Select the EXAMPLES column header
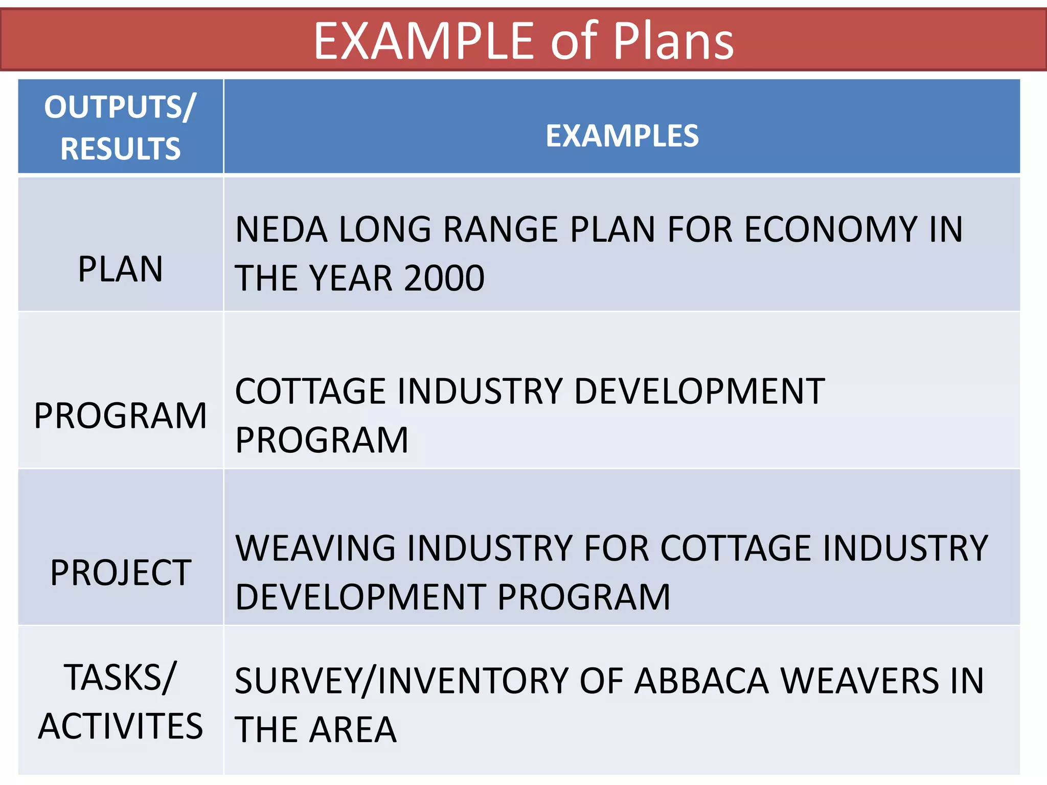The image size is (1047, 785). [x=622, y=136]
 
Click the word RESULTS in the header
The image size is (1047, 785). [x=121, y=149]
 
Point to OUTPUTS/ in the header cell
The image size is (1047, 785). [x=120, y=107]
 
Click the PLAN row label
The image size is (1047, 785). [x=120, y=269]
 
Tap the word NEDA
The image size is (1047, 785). [x=281, y=229]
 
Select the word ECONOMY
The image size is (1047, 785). [x=831, y=229]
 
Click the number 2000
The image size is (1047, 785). [x=444, y=279]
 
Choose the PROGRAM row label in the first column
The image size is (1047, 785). [x=120, y=415]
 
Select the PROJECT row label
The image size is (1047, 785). [x=120, y=572]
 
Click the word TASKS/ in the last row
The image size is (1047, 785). [x=120, y=678]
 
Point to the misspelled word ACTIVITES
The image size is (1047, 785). [x=120, y=726]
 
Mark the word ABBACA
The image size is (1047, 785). [x=701, y=681]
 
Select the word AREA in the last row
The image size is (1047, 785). [x=353, y=730]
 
